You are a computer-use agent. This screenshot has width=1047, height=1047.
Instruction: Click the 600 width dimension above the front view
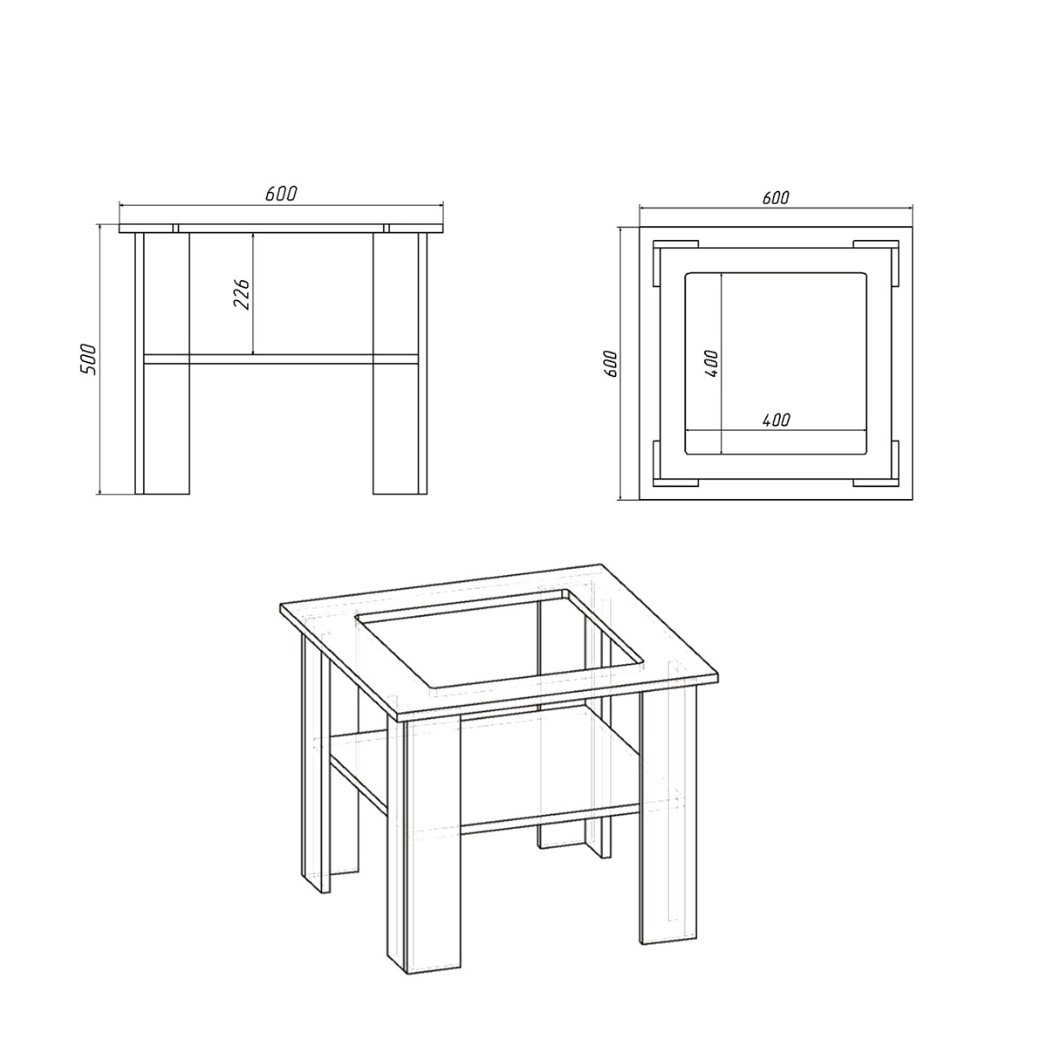pyautogui.click(x=281, y=194)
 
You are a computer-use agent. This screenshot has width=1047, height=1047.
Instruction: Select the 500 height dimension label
pyautogui.click(x=88, y=359)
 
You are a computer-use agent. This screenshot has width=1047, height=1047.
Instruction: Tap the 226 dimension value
pyautogui.click(x=241, y=295)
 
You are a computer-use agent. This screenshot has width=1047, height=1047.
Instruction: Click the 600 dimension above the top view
pyautogui.click(x=776, y=198)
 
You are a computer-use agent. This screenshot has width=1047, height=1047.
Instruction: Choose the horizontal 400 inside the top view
pyautogui.click(x=776, y=420)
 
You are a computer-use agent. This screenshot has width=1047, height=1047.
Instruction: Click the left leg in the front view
pyautogui.click(x=162, y=364)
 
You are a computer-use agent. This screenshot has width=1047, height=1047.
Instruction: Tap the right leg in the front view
pyautogui.click(x=400, y=364)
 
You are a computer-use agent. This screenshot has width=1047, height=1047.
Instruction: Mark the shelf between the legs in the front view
pyautogui.click(x=281, y=359)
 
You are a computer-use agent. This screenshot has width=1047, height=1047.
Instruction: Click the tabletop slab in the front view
pyautogui.click(x=281, y=229)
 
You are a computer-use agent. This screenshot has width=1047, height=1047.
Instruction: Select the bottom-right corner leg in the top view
pyautogui.click(x=876, y=463)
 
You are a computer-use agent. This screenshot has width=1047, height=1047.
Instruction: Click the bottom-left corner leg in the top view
pyautogui.click(x=674, y=463)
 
